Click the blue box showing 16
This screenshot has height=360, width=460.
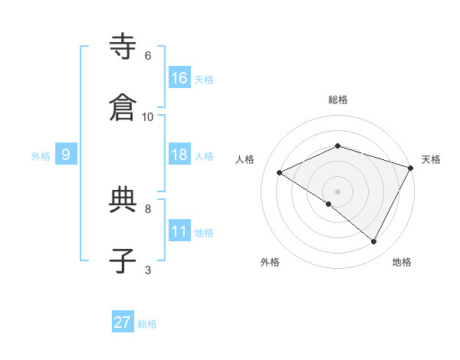[179, 78]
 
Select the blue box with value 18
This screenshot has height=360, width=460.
[179, 155]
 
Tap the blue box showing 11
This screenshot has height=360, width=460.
[179, 231]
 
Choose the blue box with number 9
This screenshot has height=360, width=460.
[66, 155]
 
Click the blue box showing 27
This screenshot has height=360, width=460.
[123, 322]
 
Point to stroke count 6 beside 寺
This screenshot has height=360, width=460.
[148, 55]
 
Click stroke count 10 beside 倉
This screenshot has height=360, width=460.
[148, 116]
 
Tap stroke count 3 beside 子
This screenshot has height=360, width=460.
[148, 270]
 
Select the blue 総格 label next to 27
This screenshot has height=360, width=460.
[147, 324]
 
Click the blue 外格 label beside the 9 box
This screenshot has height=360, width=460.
[41, 156]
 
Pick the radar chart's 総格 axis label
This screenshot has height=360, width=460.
[338, 100]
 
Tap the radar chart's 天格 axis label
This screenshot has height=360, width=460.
[431, 159]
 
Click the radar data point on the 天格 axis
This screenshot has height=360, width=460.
[412, 168]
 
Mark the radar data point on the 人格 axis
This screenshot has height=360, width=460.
[280, 172]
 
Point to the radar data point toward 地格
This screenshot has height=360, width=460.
[374, 241]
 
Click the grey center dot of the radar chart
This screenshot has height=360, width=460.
[338, 191]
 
